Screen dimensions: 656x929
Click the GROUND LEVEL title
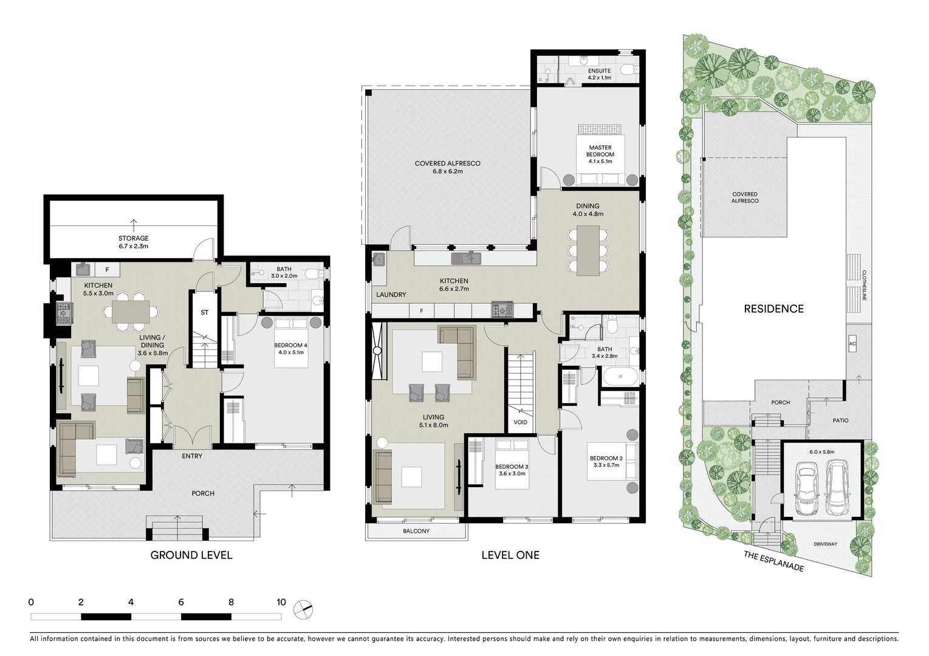(x=191, y=555)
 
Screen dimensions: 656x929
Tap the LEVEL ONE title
(x=510, y=555)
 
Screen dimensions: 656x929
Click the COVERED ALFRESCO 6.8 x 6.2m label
(x=447, y=167)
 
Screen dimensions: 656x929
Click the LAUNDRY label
(x=391, y=295)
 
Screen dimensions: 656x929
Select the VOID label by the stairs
(x=520, y=422)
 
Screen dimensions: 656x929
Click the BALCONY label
(x=416, y=531)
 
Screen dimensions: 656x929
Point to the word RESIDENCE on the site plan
(x=773, y=309)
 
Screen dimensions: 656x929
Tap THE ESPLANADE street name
(x=773, y=561)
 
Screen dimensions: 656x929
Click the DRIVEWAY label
(x=825, y=544)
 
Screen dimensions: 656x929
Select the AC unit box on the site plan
(x=852, y=344)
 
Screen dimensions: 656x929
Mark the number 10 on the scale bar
(x=281, y=603)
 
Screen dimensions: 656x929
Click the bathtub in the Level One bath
(x=620, y=377)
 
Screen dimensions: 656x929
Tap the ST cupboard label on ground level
(x=205, y=312)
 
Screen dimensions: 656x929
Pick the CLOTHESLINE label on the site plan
(x=863, y=285)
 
